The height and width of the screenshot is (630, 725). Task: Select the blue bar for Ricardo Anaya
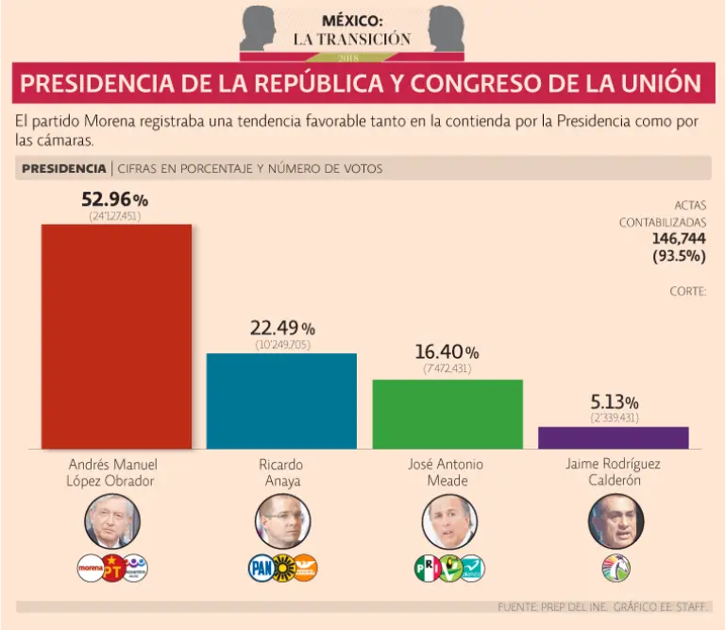[x=281, y=400]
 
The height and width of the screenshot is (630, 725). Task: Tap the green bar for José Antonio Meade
[x=447, y=414]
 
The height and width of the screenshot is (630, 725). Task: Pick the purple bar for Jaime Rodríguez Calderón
[x=614, y=437]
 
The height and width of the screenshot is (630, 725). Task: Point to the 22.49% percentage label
[x=282, y=328]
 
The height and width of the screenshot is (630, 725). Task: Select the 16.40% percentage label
[x=447, y=352]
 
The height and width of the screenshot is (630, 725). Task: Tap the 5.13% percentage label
[x=615, y=401]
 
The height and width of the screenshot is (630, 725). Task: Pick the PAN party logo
[x=260, y=567]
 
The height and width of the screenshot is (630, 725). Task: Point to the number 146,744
[x=678, y=238]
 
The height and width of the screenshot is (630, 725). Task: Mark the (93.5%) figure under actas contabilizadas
[x=679, y=255]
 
